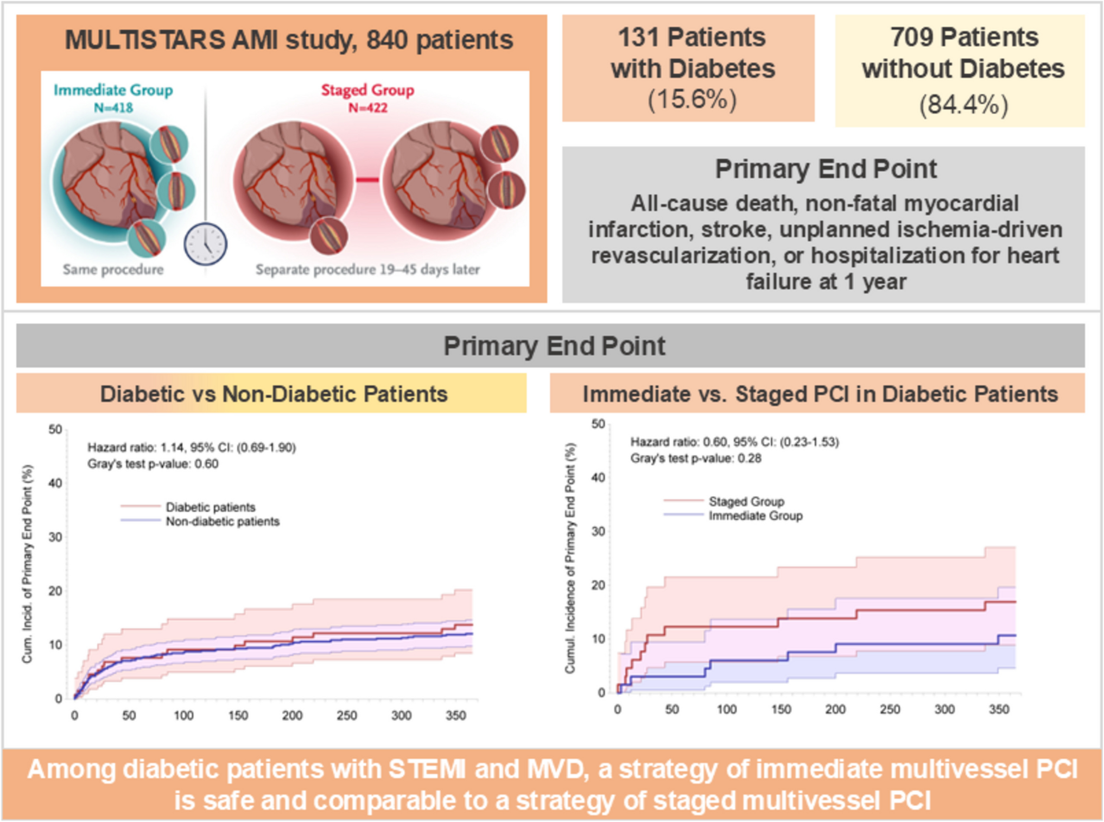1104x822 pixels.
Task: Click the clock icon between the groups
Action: (205, 244)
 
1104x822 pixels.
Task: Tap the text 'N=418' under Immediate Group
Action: (113, 108)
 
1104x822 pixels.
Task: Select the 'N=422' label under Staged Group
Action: (367, 108)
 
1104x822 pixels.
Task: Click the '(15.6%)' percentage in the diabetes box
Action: (692, 99)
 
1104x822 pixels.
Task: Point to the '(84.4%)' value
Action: (963, 104)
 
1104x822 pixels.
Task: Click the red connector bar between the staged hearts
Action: (367, 180)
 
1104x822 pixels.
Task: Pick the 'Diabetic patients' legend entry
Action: (210, 507)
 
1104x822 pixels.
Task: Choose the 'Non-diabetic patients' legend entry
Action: (222, 522)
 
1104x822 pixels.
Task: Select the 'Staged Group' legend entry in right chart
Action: (746, 501)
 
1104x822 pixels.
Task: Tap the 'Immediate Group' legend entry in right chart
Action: (755, 516)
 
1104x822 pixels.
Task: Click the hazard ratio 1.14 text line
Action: (192, 448)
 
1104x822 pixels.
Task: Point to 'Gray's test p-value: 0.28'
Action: (695, 459)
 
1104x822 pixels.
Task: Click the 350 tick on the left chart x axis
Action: (456, 716)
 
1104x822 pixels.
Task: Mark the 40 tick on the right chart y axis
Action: (598, 478)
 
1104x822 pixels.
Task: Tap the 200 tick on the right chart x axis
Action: (835, 710)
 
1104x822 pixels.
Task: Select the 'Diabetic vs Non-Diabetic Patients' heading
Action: (274, 394)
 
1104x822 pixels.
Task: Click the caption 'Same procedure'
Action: (113, 269)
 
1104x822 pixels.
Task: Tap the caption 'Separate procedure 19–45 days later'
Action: (367, 269)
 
